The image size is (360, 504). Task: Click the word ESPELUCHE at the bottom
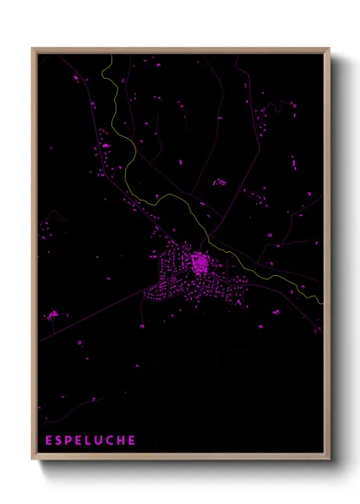click(x=90, y=441)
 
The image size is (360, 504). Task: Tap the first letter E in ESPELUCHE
click(x=49, y=441)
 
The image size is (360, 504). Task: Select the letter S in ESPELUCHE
click(x=59, y=441)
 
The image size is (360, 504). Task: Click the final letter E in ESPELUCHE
click(x=132, y=441)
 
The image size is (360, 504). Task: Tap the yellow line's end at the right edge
click(x=322, y=303)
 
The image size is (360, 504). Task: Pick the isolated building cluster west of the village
click(x=53, y=315)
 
